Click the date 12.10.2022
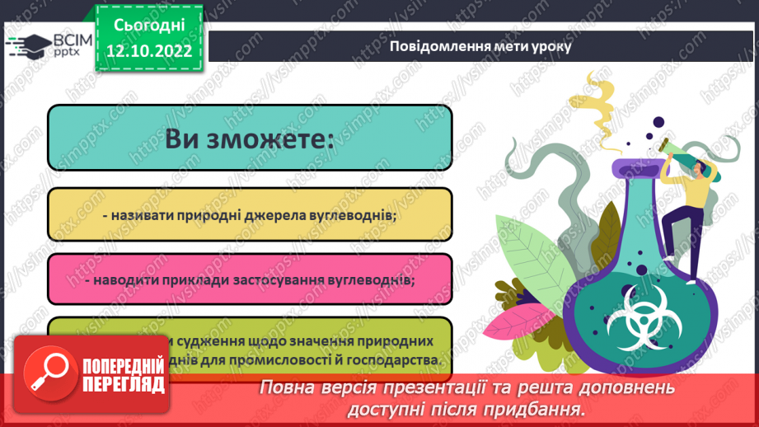coord(148,51)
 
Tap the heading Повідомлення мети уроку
coord(481,46)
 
